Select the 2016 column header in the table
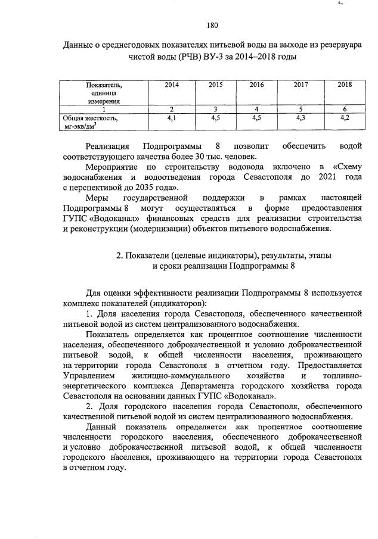[257, 85]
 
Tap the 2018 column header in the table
[345, 85]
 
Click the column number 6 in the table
[345, 108]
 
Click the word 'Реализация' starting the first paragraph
[107, 146]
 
